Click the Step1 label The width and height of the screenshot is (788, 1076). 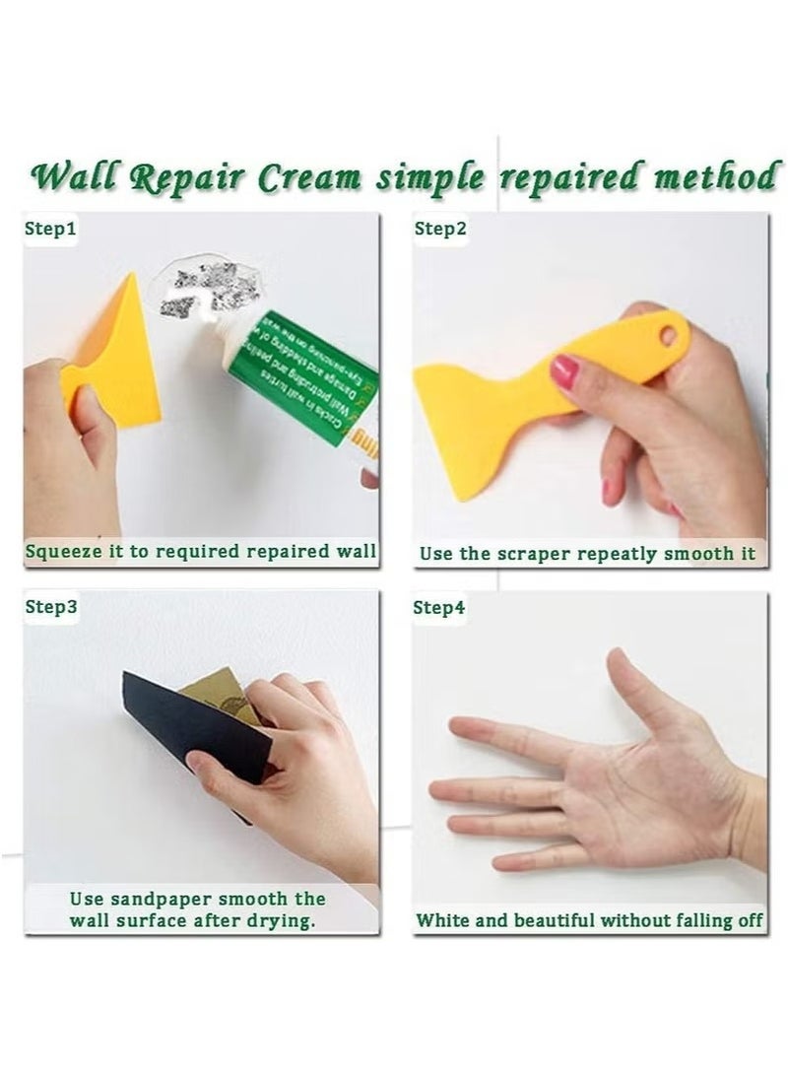(50, 229)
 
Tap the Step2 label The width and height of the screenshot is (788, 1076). (439, 229)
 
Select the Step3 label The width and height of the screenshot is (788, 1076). (50, 607)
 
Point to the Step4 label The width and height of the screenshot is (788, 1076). (439, 607)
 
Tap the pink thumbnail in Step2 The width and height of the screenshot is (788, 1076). (563, 371)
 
